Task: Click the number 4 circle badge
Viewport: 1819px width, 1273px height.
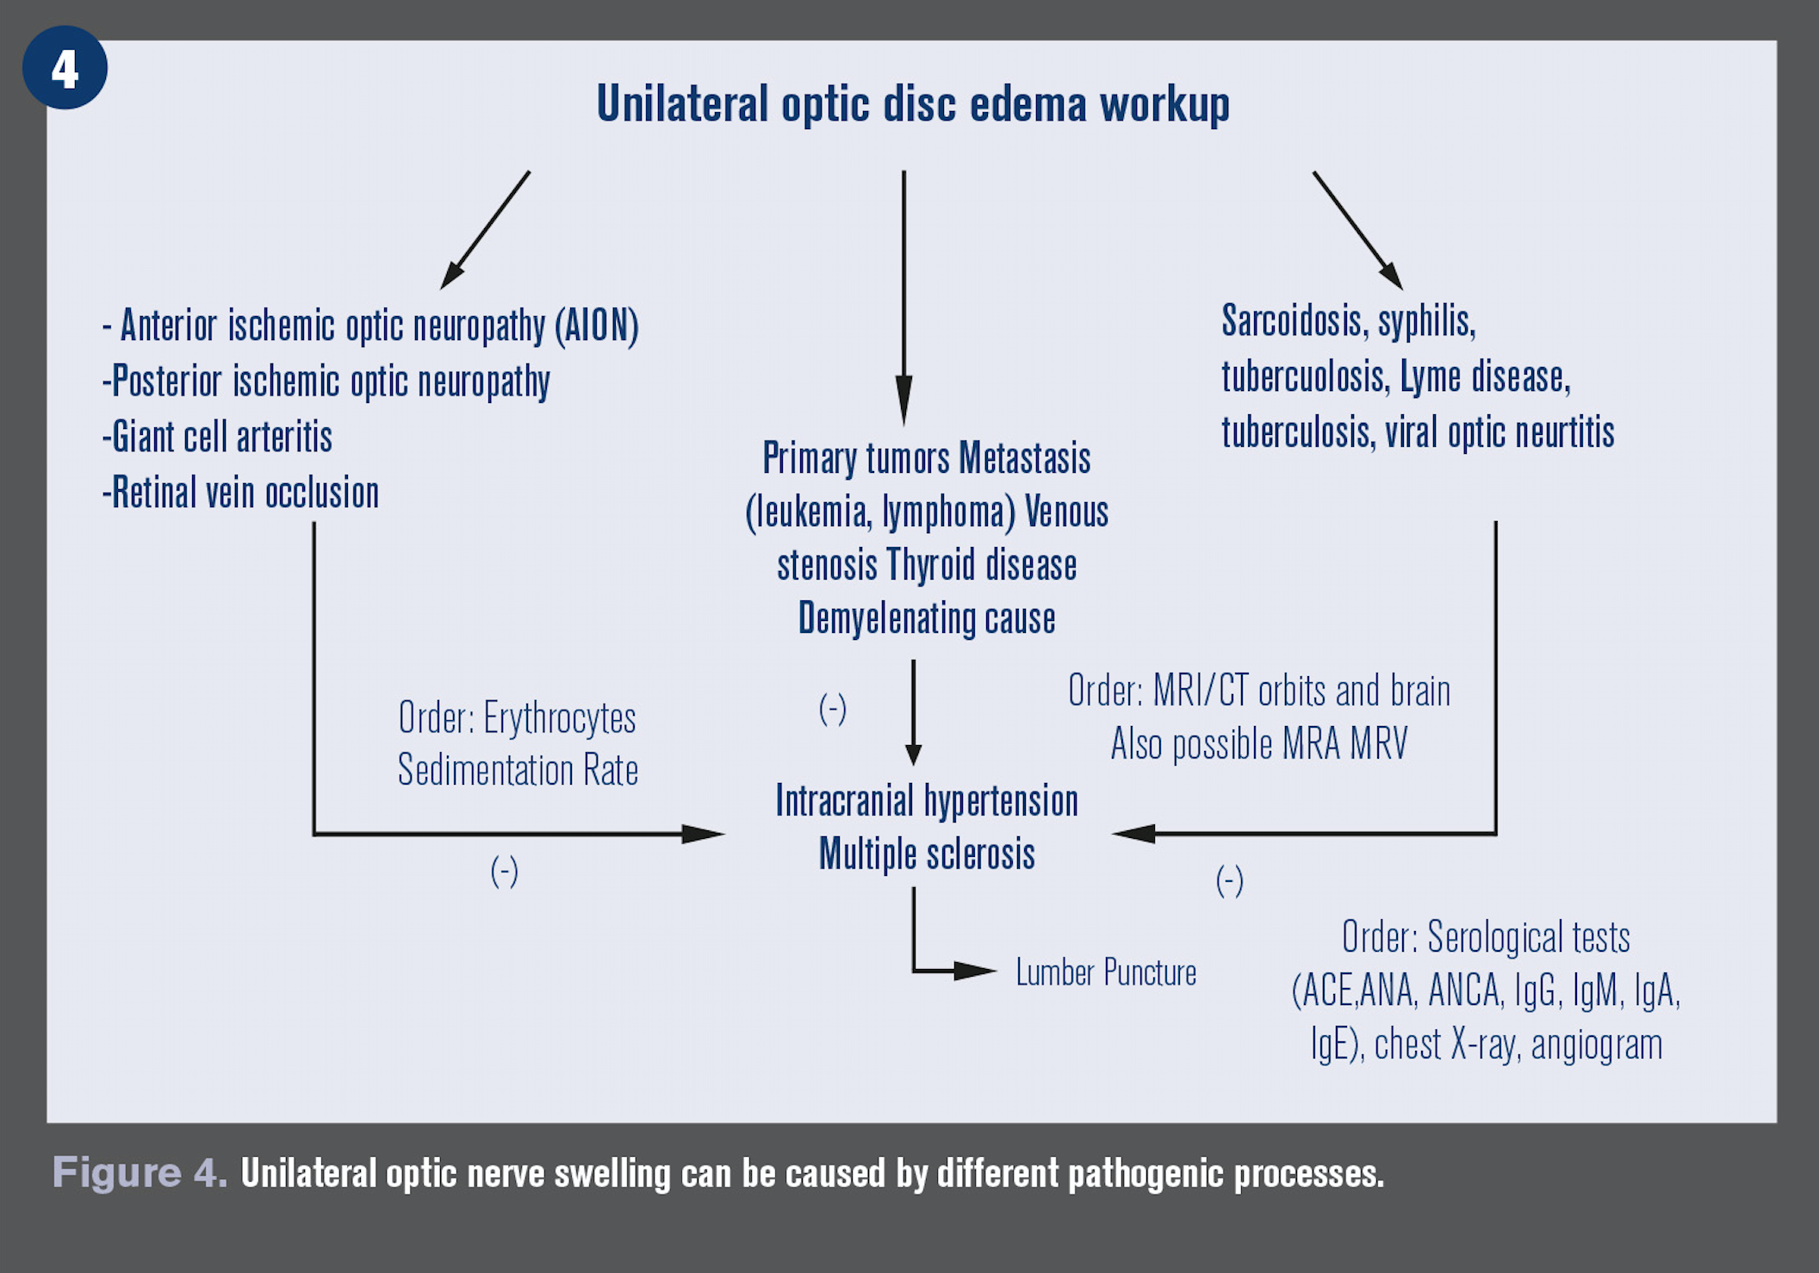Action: coord(65,68)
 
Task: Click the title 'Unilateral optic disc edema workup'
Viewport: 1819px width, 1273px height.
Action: coord(913,104)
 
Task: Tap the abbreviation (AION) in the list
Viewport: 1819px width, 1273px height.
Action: coord(597,326)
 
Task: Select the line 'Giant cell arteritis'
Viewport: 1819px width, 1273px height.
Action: coord(217,437)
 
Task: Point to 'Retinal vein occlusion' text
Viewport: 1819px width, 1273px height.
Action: coord(241,493)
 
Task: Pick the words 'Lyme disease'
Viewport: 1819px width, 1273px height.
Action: coord(1484,377)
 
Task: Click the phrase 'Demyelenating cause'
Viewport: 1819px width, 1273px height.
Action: coord(927,618)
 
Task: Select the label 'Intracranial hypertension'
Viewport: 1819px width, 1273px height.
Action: coord(927,801)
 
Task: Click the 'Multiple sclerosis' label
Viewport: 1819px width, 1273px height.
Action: coord(927,854)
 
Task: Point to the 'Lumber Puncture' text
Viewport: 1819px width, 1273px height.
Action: coord(1106,972)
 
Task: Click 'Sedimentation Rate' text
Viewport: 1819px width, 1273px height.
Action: coord(518,770)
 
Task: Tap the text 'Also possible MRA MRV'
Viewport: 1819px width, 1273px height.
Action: coord(1259,744)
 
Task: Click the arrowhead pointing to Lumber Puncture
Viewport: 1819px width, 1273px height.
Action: coord(978,972)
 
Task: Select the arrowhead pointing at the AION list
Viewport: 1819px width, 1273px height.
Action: coord(451,276)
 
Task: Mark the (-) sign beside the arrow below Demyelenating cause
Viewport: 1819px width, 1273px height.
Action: coord(832,709)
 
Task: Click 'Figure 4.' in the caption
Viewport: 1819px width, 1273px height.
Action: coord(140,1173)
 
